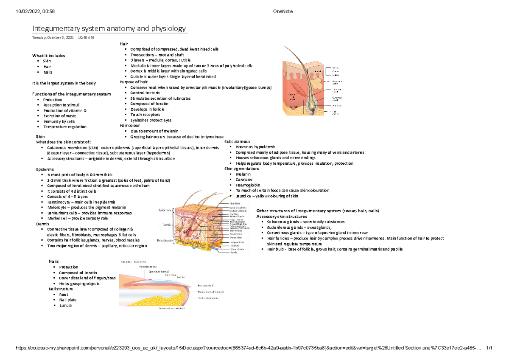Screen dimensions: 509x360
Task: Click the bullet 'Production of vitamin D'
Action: point(67,110)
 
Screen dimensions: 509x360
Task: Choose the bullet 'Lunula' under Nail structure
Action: point(66,305)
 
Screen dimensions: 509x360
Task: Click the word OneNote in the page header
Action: point(283,11)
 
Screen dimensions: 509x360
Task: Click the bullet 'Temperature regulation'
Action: point(67,127)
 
